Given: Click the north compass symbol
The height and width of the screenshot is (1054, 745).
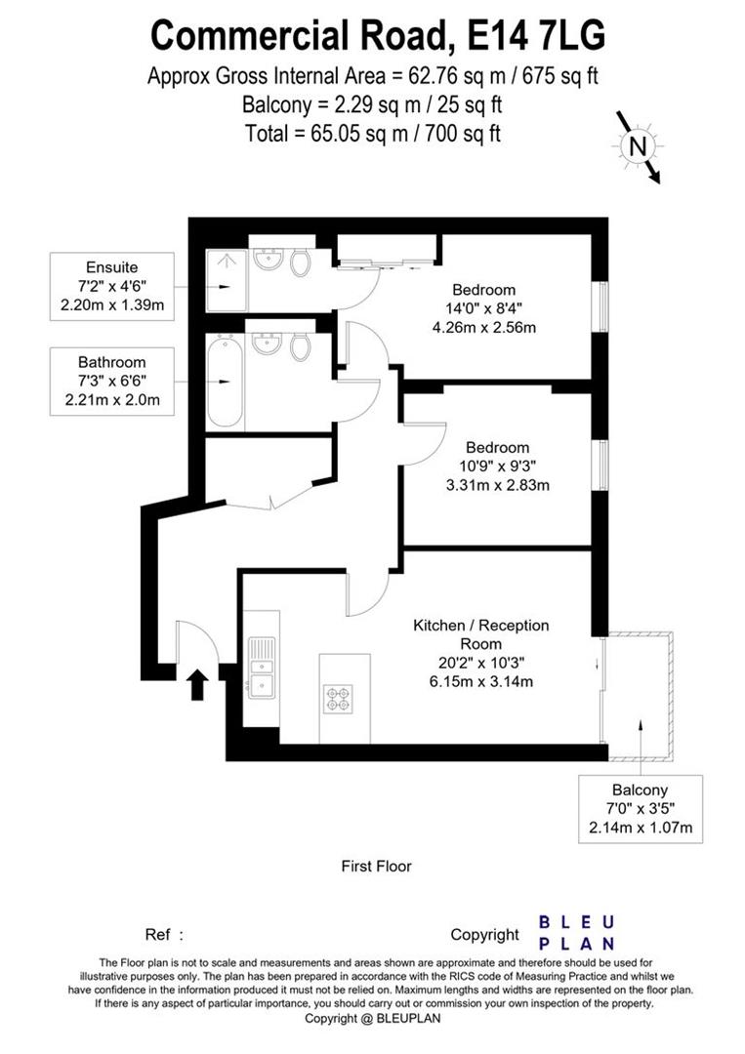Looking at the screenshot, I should pyautogui.click(x=637, y=147).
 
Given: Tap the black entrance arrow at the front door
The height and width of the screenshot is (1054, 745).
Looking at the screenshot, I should pyautogui.click(x=196, y=684).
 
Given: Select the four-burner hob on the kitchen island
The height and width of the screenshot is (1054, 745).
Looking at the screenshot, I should pyautogui.click(x=338, y=698).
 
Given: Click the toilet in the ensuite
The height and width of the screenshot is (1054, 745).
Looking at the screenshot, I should pyautogui.click(x=302, y=261).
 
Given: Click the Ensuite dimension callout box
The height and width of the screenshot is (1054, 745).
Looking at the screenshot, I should pyautogui.click(x=112, y=286).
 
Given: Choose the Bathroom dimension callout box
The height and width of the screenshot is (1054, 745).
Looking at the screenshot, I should pyautogui.click(x=112, y=380).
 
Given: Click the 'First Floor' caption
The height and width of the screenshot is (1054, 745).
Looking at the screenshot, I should pyautogui.click(x=376, y=866).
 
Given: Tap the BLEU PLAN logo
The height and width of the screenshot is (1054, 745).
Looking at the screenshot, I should pyautogui.click(x=577, y=932).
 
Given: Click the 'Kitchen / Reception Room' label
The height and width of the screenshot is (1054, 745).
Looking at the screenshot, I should pyautogui.click(x=481, y=634).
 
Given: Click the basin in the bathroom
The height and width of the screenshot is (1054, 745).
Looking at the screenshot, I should pyautogui.click(x=265, y=345).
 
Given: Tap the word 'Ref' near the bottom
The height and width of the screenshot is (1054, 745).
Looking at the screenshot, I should pyautogui.click(x=157, y=934).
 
